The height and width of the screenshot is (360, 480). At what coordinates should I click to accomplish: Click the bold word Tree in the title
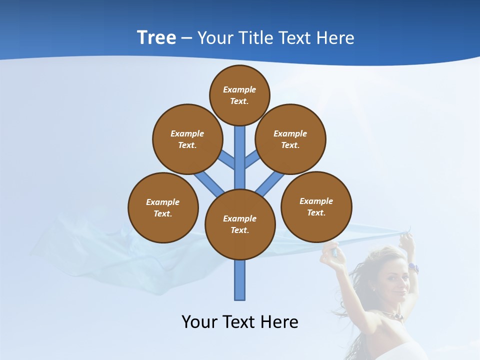pos(156,38)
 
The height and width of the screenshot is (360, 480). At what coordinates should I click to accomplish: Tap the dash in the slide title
pos(186,38)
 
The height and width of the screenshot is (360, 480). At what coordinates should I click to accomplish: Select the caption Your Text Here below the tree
pos(239,322)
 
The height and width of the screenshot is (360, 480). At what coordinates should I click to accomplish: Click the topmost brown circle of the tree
pos(239,95)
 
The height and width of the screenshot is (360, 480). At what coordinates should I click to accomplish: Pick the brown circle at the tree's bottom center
pos(240,224)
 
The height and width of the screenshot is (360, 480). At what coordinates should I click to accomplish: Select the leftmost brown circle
pos(163,207)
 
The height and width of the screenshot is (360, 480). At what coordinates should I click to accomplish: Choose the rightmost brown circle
pos(316,206)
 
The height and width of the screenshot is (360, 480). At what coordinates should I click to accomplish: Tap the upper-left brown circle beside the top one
pos(187,139)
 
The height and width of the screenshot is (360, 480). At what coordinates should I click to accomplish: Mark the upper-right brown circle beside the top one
pos(290,139)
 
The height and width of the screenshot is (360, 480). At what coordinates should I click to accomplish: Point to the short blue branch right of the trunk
pos(251,159)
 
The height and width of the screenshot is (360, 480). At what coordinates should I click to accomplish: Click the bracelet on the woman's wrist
pos(413,268)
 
